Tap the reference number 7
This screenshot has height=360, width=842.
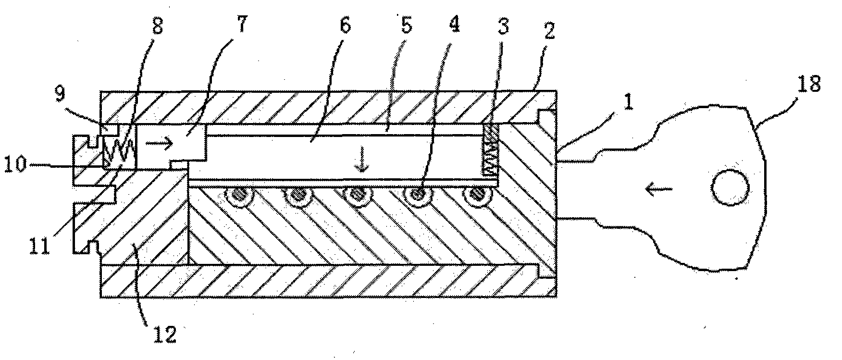click(x=240, y=25)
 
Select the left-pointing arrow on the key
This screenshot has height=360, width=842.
click(x=659, y=190)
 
